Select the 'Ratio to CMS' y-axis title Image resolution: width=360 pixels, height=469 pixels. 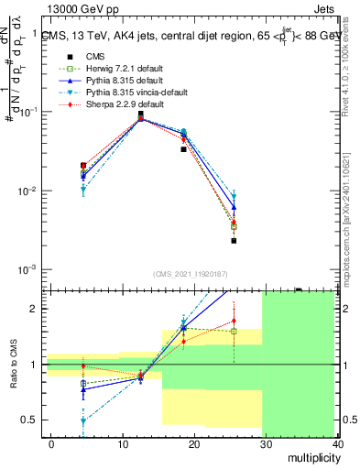click(x=12, y=365)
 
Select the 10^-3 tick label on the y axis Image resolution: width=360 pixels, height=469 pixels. click(x=27, y=270)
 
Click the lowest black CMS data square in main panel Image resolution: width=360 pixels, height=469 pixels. click(x=234, y=241)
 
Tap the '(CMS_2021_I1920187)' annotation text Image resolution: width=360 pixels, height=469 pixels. click(x=191, y=274)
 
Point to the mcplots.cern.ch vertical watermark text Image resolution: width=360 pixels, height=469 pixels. click(x=352, y=211)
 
